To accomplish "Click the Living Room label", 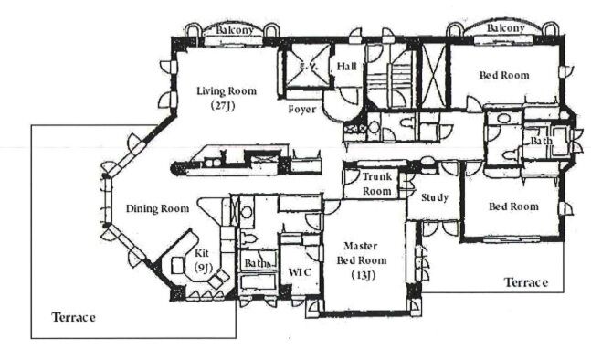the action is [227, 90].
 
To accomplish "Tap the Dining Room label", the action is [157, 208].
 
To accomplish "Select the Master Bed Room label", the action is [361, 253].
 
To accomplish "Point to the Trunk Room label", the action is [377, 184].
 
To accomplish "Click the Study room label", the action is [435, 197].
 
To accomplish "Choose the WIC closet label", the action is [300, 271].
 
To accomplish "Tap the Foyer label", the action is [302, 110].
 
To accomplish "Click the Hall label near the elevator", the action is [346, 67].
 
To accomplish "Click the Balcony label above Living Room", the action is [234, 30].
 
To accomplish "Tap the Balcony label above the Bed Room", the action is [505, 28].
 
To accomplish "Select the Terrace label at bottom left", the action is [73, 317].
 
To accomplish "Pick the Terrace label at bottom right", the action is [526, 282].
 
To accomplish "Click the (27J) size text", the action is [223, 106].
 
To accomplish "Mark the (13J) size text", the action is [364, 275].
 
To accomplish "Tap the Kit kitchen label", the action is [202, 253].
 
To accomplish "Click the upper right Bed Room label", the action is [504, 75].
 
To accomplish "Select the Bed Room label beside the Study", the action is [513, 206].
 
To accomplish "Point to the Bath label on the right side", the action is [542, 141].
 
